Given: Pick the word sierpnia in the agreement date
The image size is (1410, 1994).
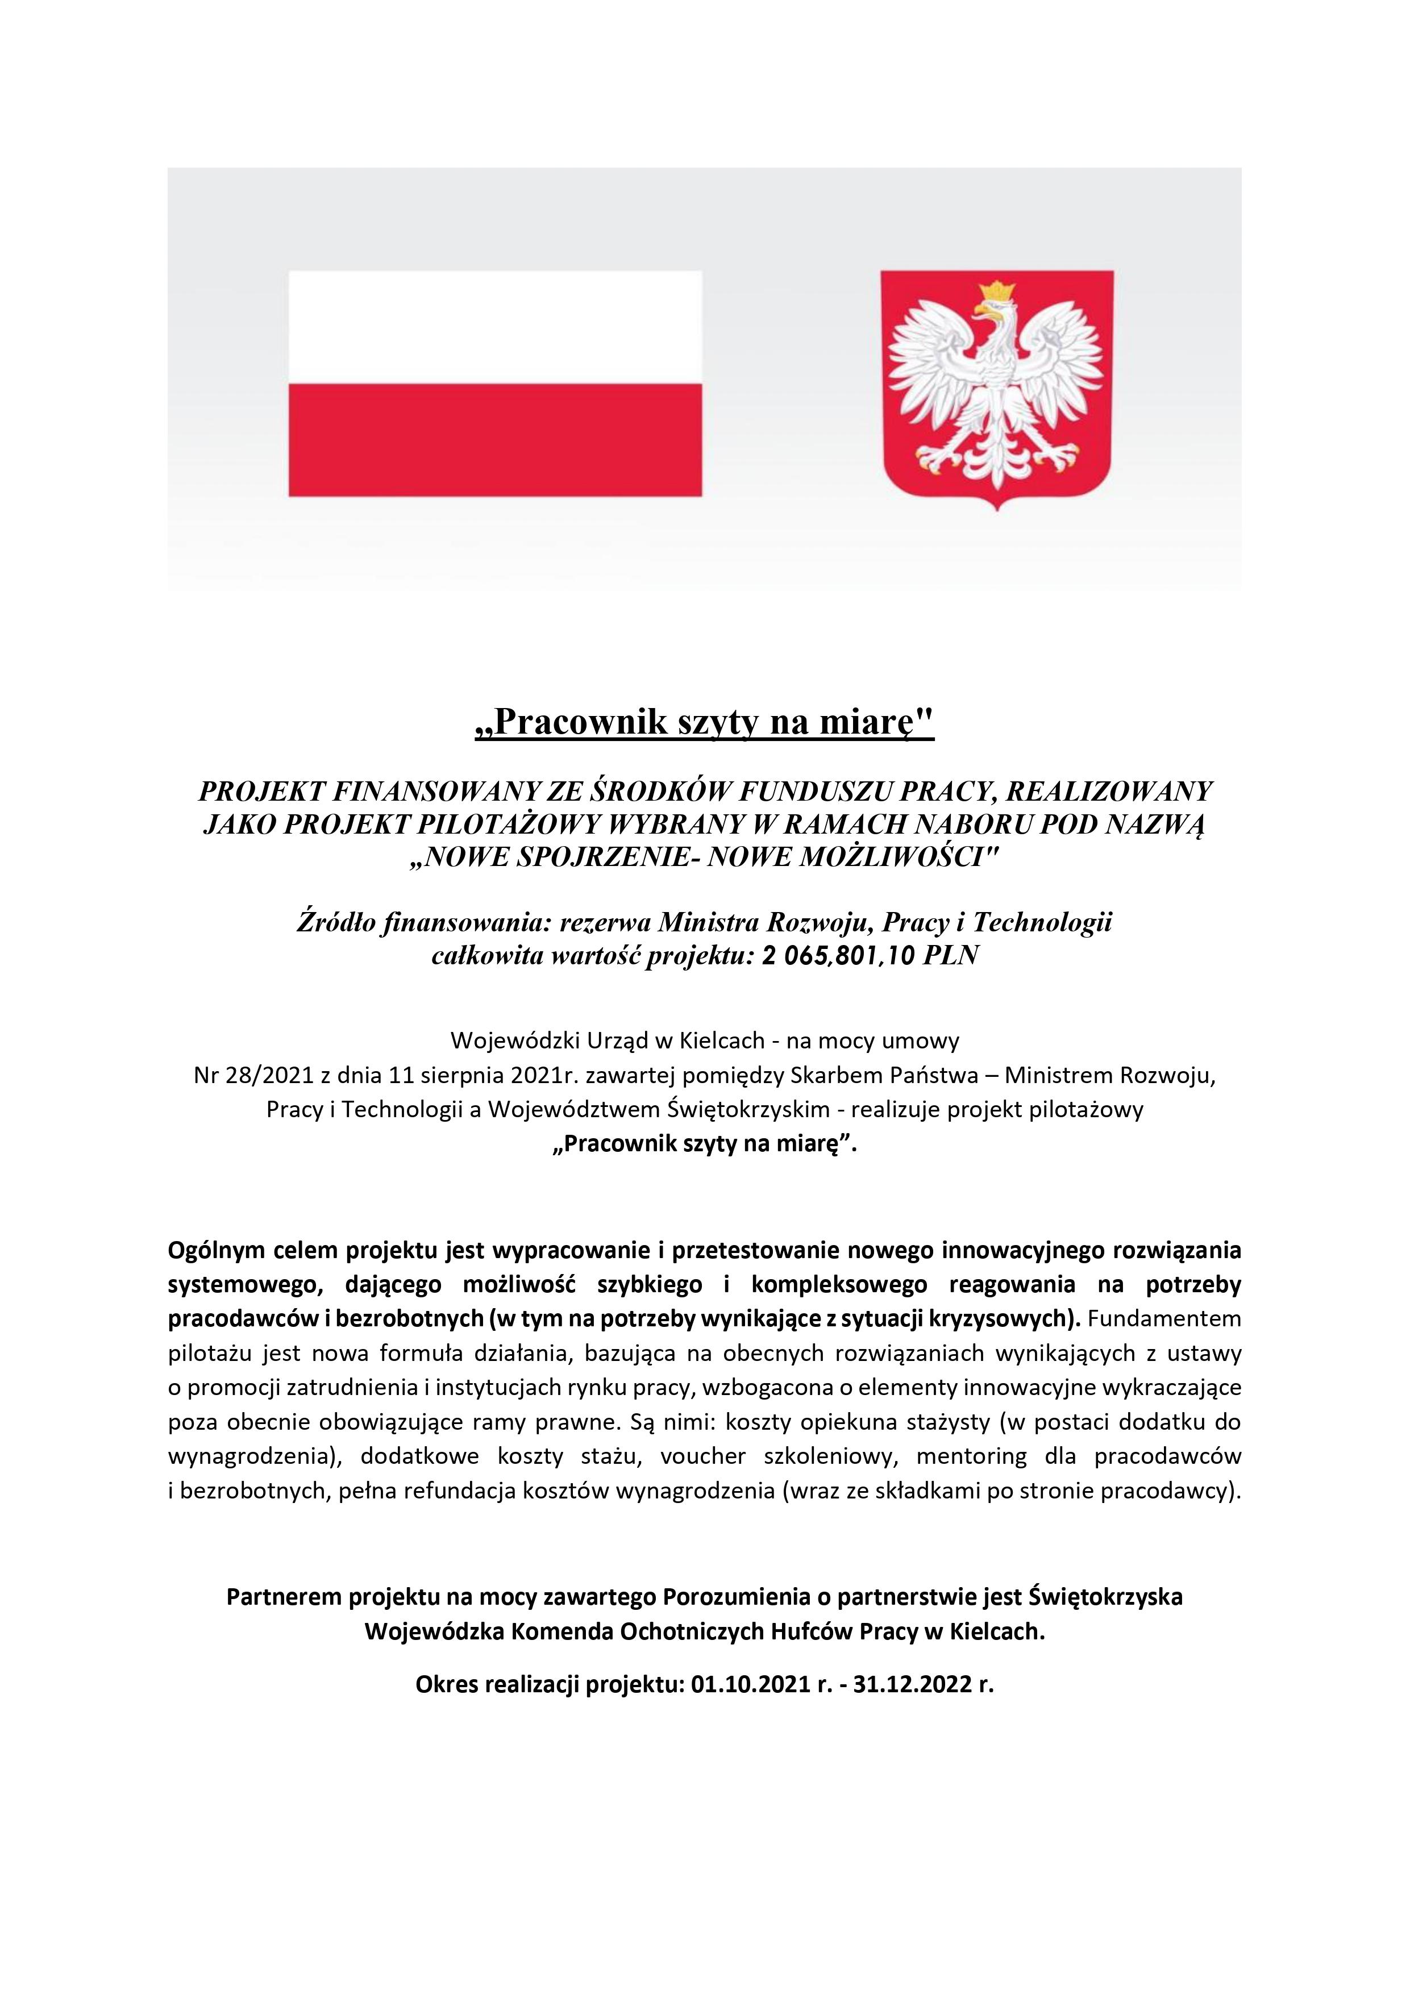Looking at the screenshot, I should pos(450,1076).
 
